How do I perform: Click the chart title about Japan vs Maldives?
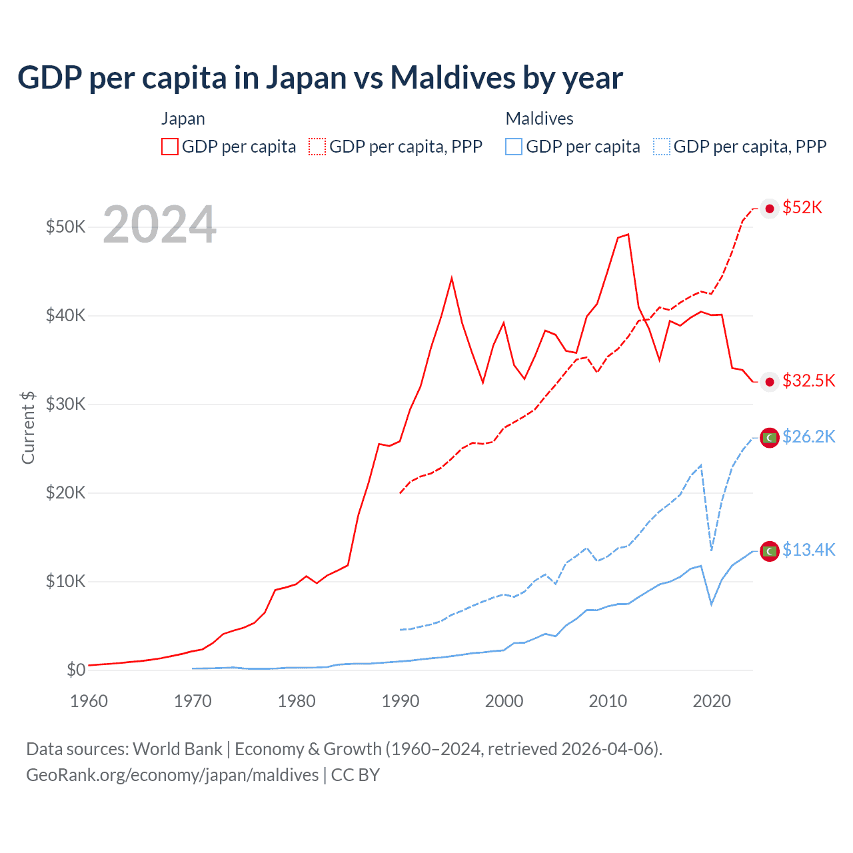(x=320, y=77)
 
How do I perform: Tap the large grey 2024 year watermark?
(x=160, y=225)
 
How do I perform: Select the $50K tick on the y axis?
(x=65, y=227)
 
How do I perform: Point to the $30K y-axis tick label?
(x=65, y=404)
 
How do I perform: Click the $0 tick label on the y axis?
(x=76, y=670)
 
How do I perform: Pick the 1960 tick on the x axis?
(x=89, y=701)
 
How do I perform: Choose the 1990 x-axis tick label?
(x=400, y=701)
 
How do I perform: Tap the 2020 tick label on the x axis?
(x=712, y=701)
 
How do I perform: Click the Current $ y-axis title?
(x=28, y=427)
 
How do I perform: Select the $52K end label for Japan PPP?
(x=802, y=207)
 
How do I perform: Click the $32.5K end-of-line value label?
(x=808, y=381)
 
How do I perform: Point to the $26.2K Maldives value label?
(x=808, y=436)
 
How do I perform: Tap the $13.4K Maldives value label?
(x=808, y=550)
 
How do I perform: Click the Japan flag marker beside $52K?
(x=770, y=209)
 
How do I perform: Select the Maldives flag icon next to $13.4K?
(x=770, y=551)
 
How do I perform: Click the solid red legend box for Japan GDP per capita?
(x=170, y=147)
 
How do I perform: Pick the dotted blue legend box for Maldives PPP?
(x=662, y=147)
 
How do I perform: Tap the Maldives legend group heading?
(x=539, y=119)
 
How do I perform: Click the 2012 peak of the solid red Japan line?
(x=628, y=235)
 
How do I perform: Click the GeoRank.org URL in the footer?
(x=172, y=775)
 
